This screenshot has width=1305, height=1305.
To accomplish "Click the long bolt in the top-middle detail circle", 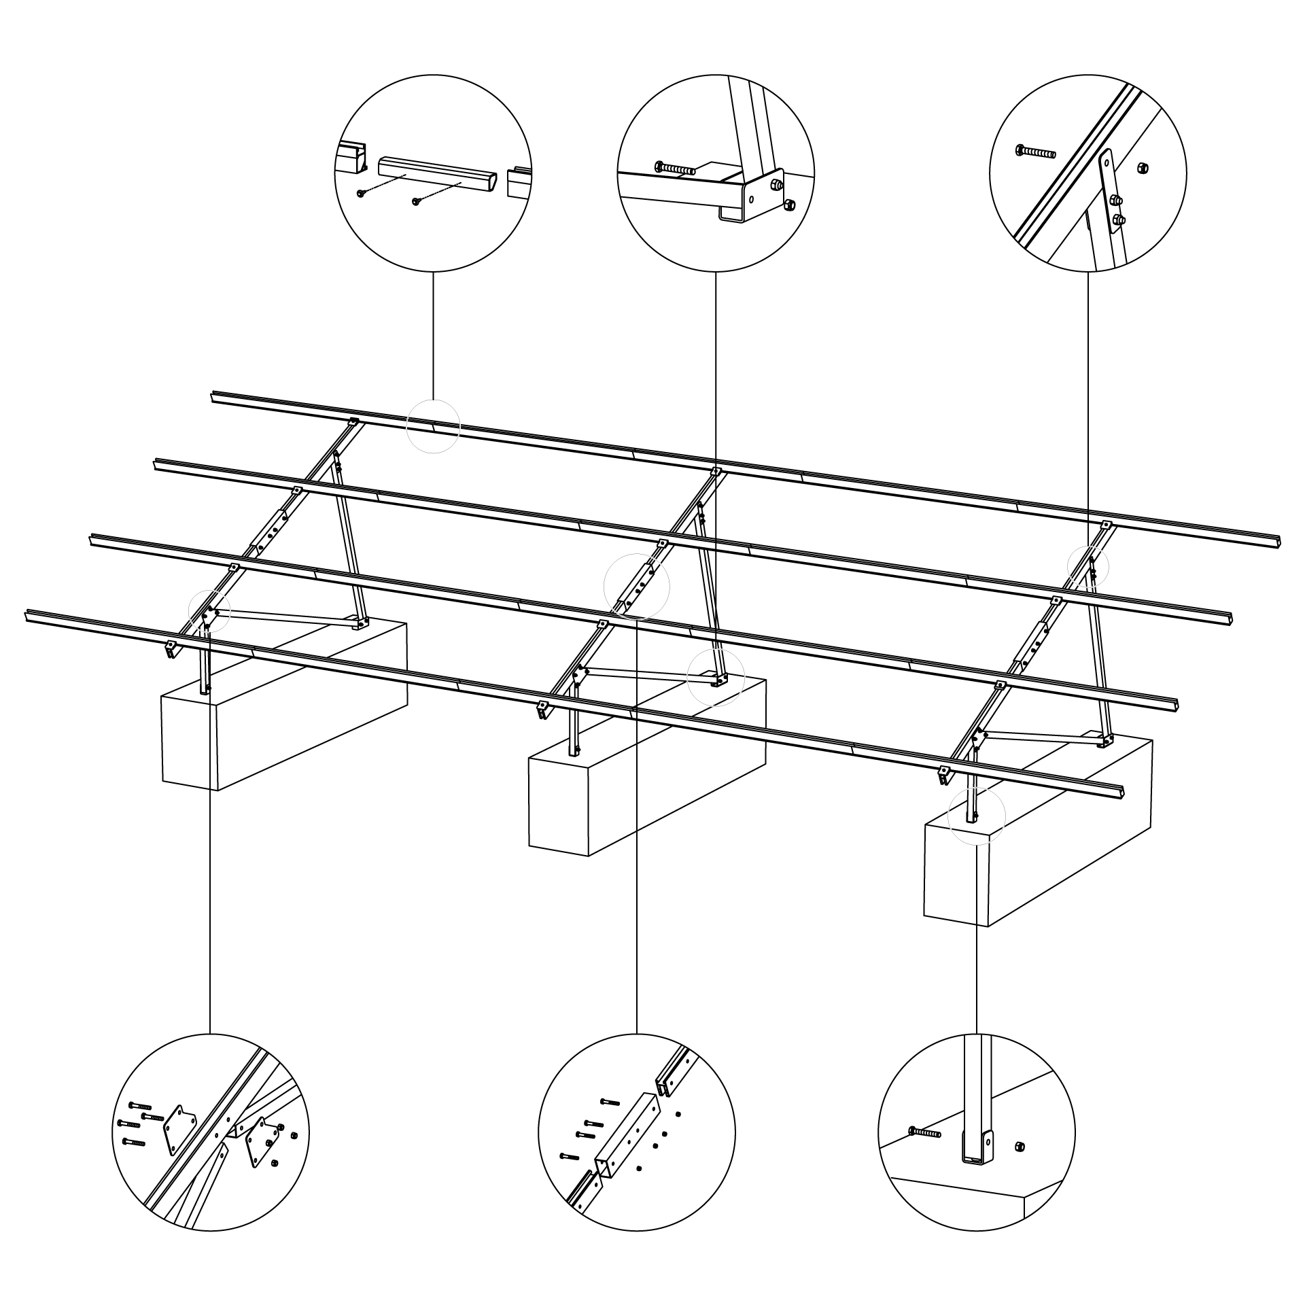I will pos(674,167).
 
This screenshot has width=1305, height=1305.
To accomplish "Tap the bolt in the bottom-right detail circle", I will pos(924,1132).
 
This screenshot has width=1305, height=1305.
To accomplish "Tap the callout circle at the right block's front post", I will pos(976,816).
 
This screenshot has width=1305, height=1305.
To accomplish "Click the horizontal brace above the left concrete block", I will pos(285,616).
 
